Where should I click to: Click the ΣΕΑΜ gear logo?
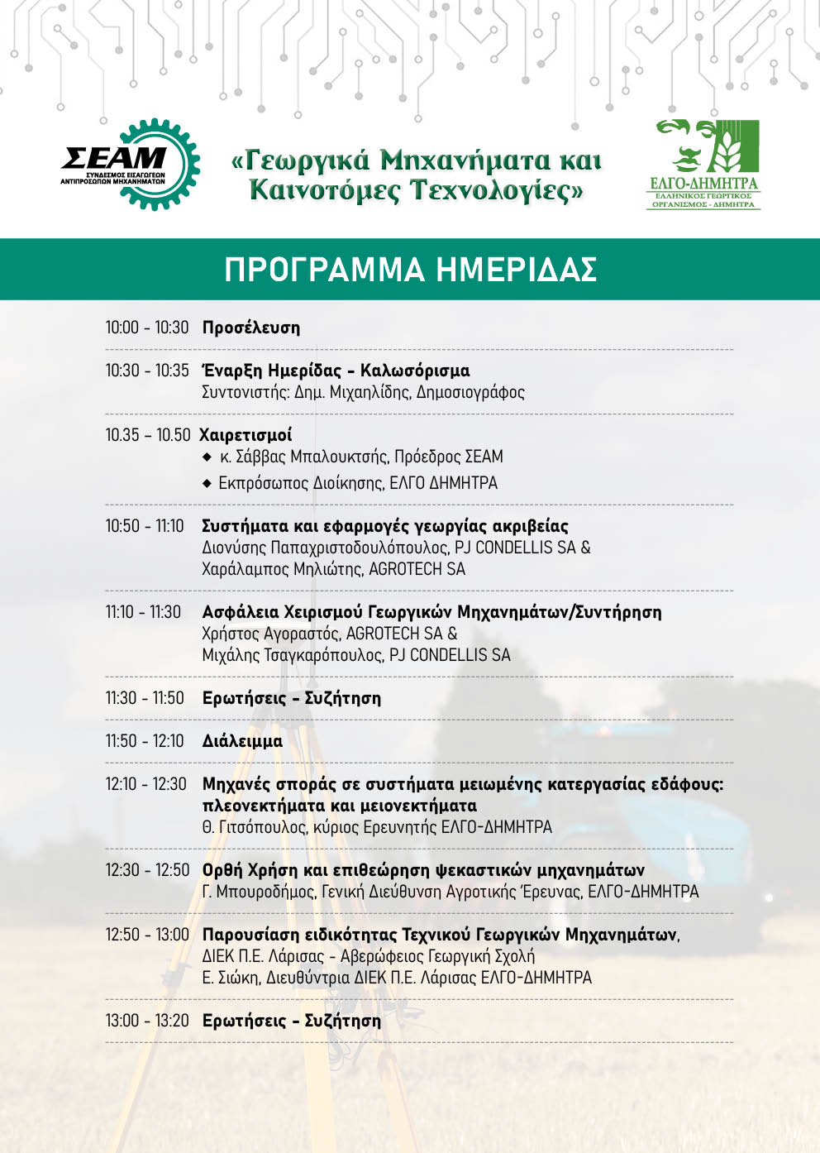131,164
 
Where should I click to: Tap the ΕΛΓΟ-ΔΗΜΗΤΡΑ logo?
703,164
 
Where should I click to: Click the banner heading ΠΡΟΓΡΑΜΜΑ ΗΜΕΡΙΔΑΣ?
410,270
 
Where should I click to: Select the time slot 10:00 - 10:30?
147,328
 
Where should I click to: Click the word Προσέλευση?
251,328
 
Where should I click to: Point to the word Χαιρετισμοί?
246,435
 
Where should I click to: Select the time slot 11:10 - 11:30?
143,612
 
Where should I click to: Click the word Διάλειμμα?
242,741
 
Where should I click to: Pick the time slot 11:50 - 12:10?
145,741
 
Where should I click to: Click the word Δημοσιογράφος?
470,392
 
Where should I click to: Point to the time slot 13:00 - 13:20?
147,1021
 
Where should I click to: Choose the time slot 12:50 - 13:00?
147,935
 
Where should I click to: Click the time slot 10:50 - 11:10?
145,526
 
